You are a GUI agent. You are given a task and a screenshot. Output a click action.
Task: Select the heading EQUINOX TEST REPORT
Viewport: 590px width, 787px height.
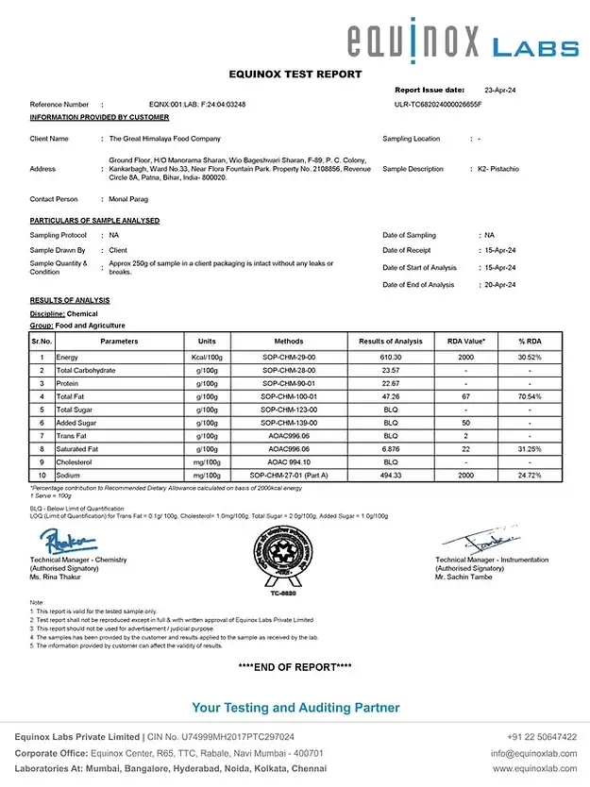295,74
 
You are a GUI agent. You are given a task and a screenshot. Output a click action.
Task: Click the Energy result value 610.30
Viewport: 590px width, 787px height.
390,358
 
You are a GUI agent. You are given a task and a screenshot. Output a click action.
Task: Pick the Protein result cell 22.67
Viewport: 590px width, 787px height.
390,384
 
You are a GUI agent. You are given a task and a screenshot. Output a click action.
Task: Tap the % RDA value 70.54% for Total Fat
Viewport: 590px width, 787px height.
530,397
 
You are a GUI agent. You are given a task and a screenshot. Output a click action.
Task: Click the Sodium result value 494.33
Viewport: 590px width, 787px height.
390,476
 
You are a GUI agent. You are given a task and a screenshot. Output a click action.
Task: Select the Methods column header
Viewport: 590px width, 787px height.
288,342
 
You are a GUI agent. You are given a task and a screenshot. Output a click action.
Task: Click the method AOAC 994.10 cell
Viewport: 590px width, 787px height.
288,462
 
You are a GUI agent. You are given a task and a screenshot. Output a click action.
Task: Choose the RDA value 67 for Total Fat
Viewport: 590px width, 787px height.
465,397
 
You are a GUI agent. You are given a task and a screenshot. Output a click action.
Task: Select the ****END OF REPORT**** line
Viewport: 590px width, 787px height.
295,667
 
